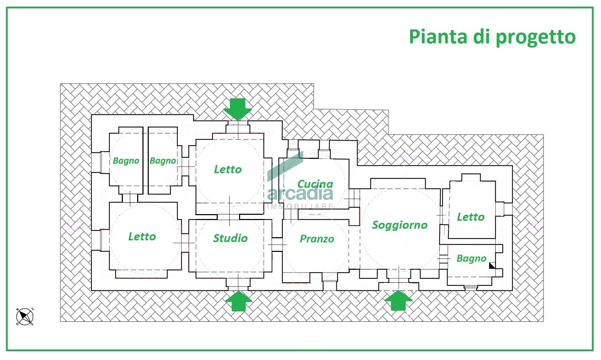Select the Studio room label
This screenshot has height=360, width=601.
click(x=230, y=238)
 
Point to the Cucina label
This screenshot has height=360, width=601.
click(x=315, y=183)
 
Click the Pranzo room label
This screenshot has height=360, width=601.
click(x=317, y=239)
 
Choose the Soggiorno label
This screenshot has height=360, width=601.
click(x=400, y=225)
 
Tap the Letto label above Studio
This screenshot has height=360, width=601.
click(x=228, y=169)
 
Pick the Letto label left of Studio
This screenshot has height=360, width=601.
click(x=142, y=237)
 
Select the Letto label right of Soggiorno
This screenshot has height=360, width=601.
click(x=471, y=217)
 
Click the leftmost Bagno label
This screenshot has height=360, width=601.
click(x=126, y=161)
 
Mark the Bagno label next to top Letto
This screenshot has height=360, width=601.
click(x=163, y=161)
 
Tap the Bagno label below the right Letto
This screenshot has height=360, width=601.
click(x=471, y=259)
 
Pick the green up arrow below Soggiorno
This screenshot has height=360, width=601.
click(x=398, y=300)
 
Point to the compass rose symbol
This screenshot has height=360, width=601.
click(x=25, y=317)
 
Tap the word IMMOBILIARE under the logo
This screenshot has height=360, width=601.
click(x=300, y=206)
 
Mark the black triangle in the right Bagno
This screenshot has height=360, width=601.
click(x=492, y=266)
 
